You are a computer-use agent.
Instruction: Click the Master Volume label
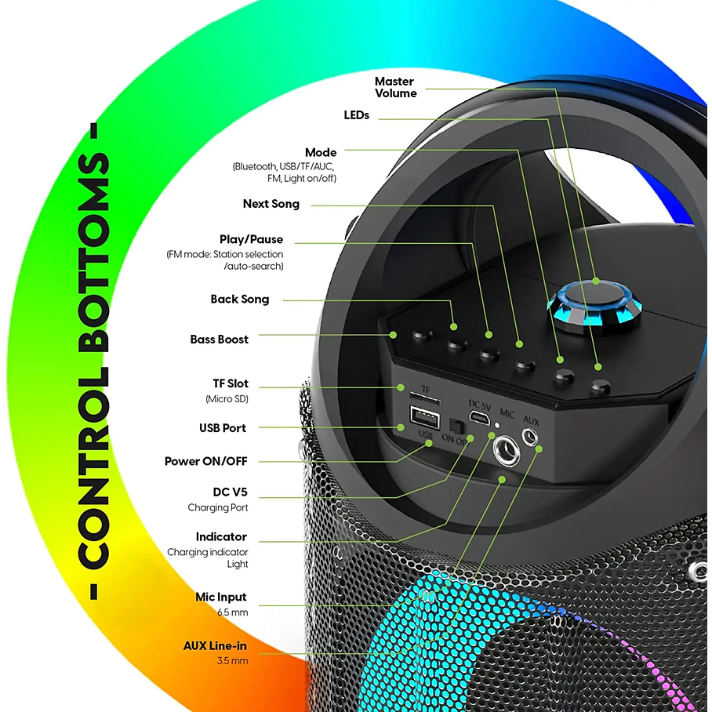(395, 87)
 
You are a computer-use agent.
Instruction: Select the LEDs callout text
(356, 115)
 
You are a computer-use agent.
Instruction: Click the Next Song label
(271, 204)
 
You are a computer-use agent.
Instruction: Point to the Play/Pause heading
(251, 239)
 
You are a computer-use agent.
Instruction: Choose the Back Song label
(239, 299)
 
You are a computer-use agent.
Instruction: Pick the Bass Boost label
(219, 340)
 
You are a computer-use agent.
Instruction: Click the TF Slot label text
(231, 383)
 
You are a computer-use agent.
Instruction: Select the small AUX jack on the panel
(532, 438)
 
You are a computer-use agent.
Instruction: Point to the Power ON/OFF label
(205, 461)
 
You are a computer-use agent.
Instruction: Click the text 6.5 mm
(232, 612)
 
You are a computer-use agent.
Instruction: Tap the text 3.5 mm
(232, 661)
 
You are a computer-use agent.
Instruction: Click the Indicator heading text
(221, 537)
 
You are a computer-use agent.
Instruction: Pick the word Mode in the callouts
(320, 152)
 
